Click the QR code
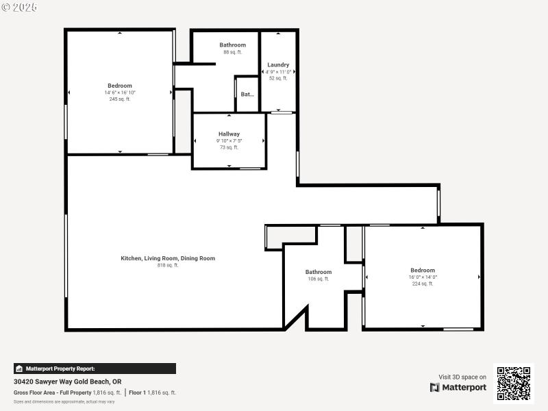pos(513,384)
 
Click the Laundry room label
pos(278,65)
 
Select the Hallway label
pos(229,134)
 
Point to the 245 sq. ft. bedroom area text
pos(120,99)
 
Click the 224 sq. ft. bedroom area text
pos(423,284)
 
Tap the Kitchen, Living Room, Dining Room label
pos(168,258)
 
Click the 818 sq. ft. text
pos(168,265)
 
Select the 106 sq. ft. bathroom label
pos(319,279)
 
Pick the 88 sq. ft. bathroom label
pos(232,52)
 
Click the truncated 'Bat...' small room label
pos(247,95)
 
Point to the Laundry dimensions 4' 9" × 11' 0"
pos(278,72)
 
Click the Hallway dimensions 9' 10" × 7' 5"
pos(229,141)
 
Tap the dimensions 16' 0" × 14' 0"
pos(423,277)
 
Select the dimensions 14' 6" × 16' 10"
pos(120,92)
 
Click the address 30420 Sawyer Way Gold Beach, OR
pos(68,382)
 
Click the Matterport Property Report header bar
pos(95,369)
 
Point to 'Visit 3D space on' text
pos(462,377)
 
